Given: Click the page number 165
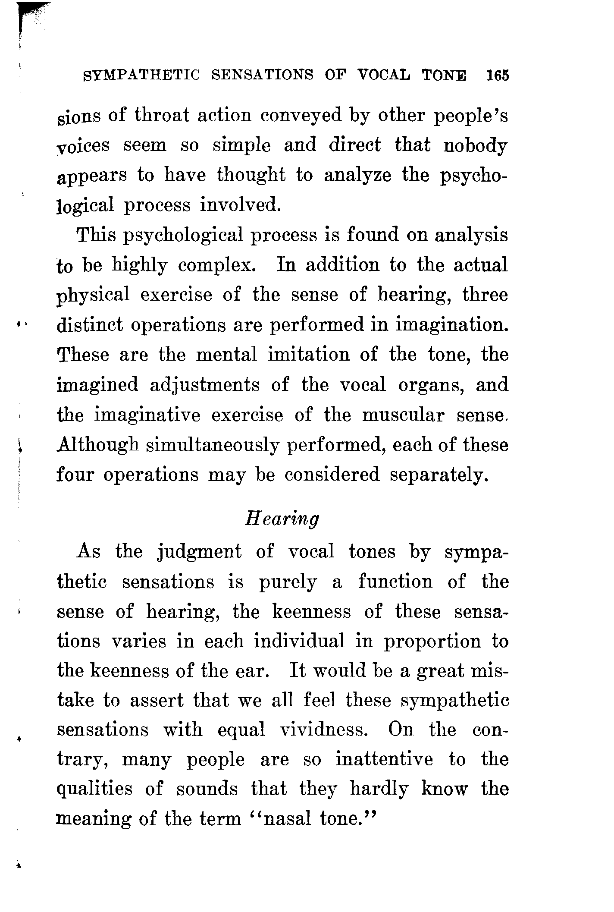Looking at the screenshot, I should point(497,75).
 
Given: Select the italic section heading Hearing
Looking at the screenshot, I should point(282,518).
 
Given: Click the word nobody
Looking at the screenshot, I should point(475,145).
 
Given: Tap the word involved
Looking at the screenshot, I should point(241,205).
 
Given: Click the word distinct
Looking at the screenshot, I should point(90,324).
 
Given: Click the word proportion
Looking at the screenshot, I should point(432,642).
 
